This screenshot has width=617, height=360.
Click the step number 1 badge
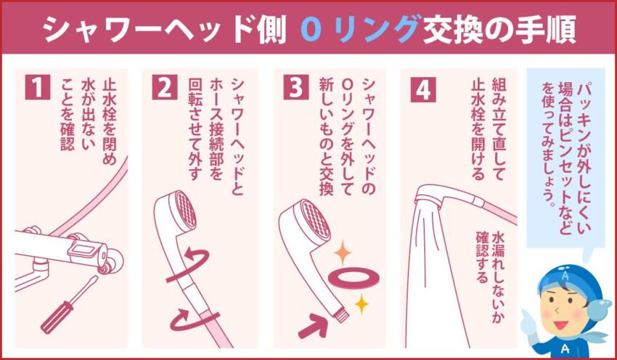coord(38,87)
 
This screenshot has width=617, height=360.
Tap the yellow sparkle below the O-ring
coord(361,303)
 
